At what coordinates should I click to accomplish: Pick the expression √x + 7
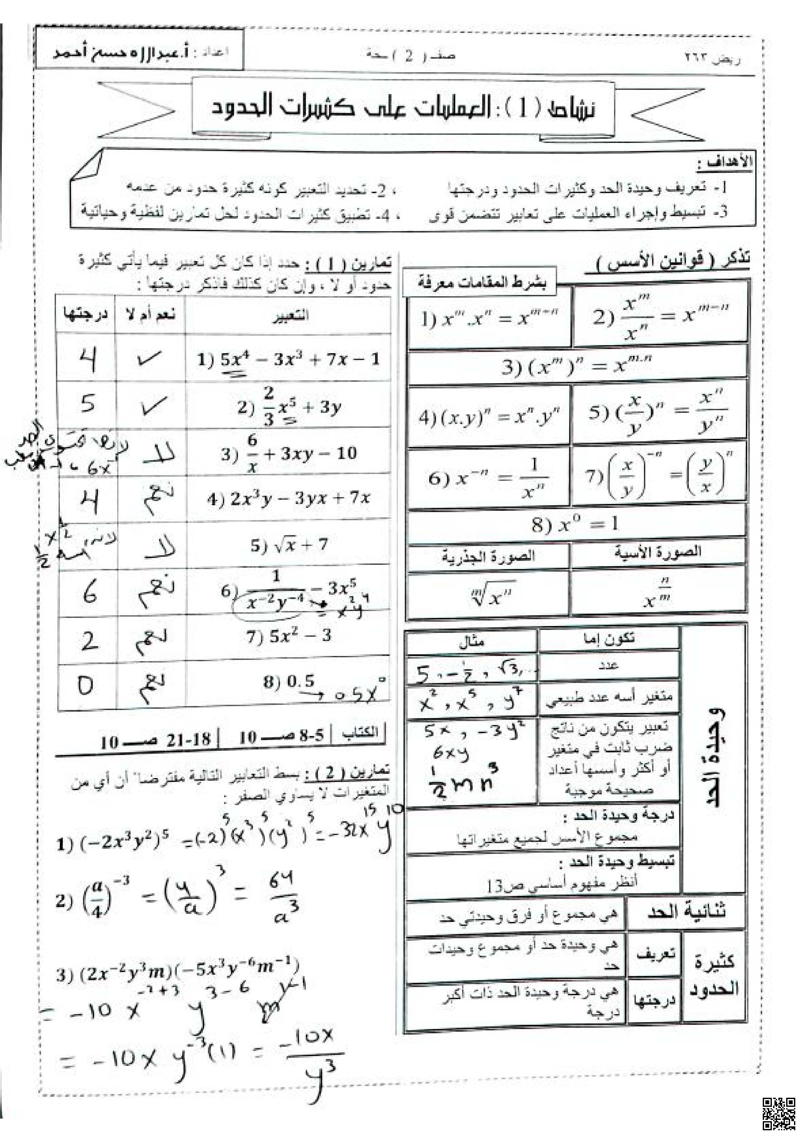(x=288, y=545)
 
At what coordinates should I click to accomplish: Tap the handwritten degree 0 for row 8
(x=86, y=685)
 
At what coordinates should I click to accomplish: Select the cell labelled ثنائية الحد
(x=686, y=911)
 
